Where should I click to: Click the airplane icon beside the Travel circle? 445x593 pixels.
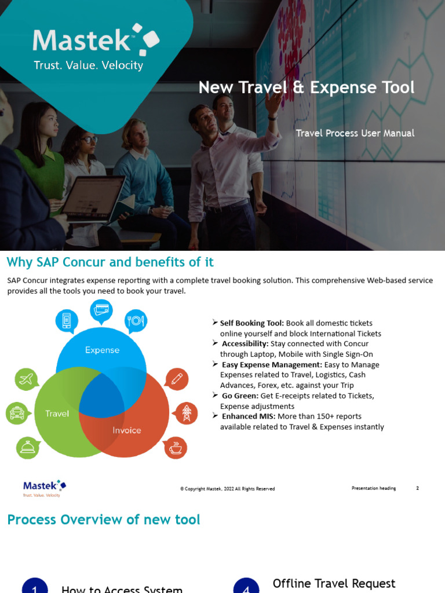tap(26, 379)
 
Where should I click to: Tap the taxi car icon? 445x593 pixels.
tap(17, 413)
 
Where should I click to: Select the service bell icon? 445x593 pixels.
tap(27, 447)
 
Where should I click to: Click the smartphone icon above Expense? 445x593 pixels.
tap(67, 320)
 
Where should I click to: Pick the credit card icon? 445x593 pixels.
tap(101, 310)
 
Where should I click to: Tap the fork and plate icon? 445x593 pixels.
tap(136, 320)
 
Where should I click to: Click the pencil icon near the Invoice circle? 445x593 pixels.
tap(176, 379)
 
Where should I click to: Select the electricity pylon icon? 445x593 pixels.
tap(186, 413)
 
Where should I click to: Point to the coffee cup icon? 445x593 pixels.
tap(176, 447)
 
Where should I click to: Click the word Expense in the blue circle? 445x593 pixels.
tap(102, 350)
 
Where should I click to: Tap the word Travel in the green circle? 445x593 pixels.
tap(57, 413)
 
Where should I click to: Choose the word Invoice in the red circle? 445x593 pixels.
tap(127, 430)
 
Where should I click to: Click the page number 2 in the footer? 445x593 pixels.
tap(417, 488)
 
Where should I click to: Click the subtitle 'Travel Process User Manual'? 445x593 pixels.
tap(355, 133)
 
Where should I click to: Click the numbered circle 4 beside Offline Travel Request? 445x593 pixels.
tap(246, 587)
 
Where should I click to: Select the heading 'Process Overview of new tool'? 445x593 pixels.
tap(104, 519)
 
